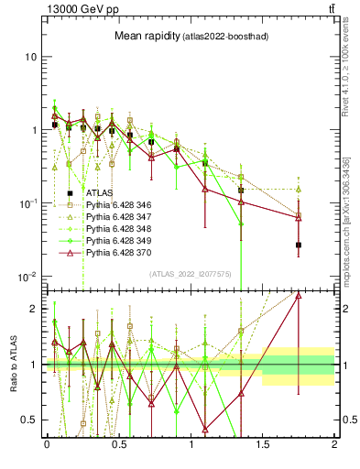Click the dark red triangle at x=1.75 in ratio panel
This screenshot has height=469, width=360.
point(299,296)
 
